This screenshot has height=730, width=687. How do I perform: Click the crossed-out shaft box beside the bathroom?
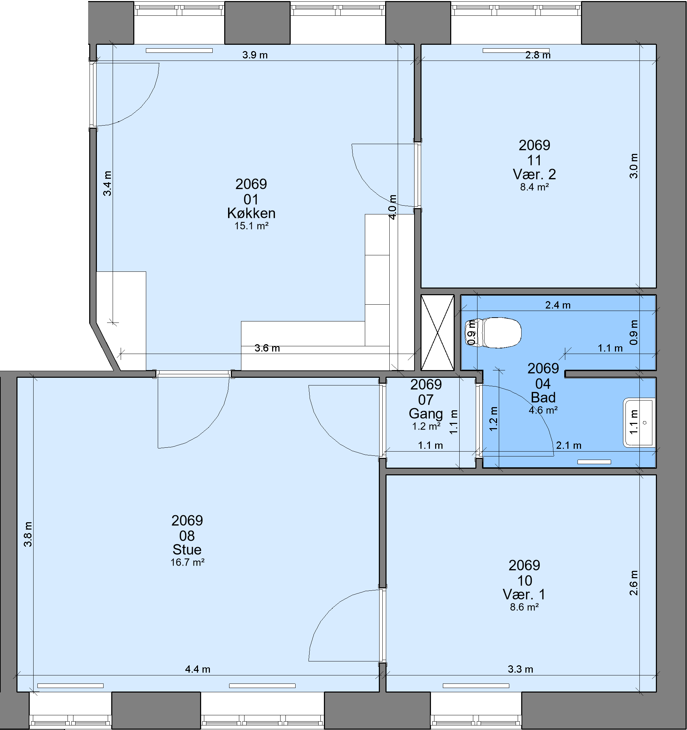pos(437,332)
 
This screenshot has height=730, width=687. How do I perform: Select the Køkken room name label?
pos(251,213)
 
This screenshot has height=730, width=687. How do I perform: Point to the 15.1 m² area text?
pos(252,226)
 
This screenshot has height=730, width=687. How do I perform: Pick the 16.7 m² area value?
pos(187,562)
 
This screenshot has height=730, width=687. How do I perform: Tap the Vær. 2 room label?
pos(534,174)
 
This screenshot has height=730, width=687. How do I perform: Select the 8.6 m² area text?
pos(524,607)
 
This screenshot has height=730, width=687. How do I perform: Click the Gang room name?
pos(426,414)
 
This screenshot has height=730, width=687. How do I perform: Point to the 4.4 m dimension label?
pos(198,669)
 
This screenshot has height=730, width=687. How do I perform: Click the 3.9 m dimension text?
pos(255,55)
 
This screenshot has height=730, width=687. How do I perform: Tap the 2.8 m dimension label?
pos(538,55)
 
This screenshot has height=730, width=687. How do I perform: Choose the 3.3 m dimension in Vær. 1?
pos(520,669)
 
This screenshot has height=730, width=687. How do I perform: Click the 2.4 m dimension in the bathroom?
pos(558,305)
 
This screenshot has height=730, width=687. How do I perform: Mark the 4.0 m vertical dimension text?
pos(392,207)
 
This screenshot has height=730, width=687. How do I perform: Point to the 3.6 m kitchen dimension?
pos(267,348)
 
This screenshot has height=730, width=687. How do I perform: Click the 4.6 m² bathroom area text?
pos(543,410)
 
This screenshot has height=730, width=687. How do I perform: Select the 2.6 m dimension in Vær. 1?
pos(634,583)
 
